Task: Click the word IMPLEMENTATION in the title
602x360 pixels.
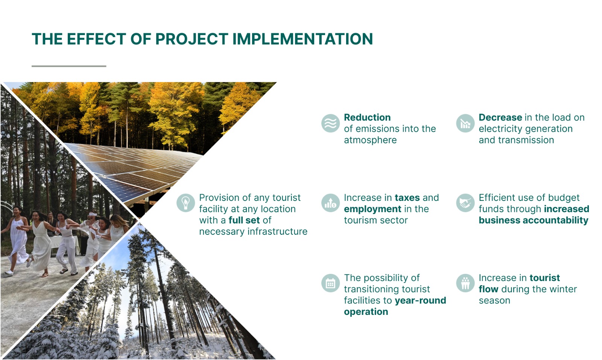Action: coord(303,39)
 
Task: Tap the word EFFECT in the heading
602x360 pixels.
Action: coord(96,39)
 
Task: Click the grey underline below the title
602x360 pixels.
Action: coord(69,66)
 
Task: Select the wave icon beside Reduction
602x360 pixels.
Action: coord(331,123)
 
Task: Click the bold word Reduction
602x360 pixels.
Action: coord(367,117)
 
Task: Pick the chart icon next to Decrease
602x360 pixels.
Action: coord(465,123)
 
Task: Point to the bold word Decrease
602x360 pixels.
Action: coord(500,117)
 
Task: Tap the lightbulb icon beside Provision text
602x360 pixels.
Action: coord(185,203)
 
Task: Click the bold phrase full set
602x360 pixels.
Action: coord(244,220)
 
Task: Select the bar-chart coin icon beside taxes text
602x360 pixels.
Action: coord(331,203)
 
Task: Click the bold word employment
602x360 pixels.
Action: coord(372,209)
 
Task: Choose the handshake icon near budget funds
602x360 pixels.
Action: coord(465,203)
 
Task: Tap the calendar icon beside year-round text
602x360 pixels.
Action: coord(331,283)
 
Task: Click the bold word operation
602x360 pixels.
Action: coord(366,312)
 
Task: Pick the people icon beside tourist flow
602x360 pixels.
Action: coord(465,283)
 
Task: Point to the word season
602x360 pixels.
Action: coord(494,301)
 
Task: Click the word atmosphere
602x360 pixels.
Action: coord(370,140)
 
